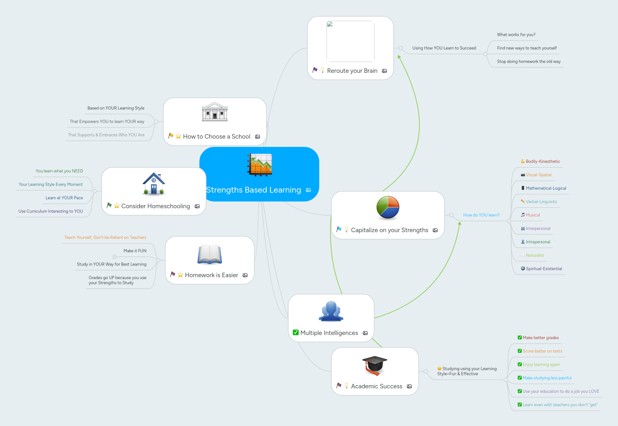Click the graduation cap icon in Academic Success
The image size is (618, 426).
(x=375, y=365)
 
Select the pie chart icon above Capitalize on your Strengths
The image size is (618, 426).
(x=388, y=208)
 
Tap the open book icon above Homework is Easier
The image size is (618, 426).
(x=210, y=254)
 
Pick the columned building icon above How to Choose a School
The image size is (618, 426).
(x=215, y=112)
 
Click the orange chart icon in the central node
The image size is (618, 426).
(x=260, y=165)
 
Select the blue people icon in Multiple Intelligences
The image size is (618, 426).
(x=331, y=311)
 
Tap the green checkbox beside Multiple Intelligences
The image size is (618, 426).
(x=296, y=332)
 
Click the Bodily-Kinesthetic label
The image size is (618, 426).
(x=543, y=162)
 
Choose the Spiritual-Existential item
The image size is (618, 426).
(x=544, y=269)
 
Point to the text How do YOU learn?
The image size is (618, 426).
(x=481, y=215)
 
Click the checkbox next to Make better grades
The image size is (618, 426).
(x=520, y=338)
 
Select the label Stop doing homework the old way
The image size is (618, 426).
(x=529, y=62)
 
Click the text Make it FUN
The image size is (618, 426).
(x=135, y=251)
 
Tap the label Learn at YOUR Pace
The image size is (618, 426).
(x=64, y=198)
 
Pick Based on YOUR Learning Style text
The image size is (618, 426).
(x=116, y=108)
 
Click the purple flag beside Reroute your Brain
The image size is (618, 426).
(x=315, y=70)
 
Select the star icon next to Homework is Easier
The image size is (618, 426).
(x=180, y=275)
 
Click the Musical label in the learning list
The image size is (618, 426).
(x=533, y=215)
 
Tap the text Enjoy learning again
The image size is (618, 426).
(x=541, y=365)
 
